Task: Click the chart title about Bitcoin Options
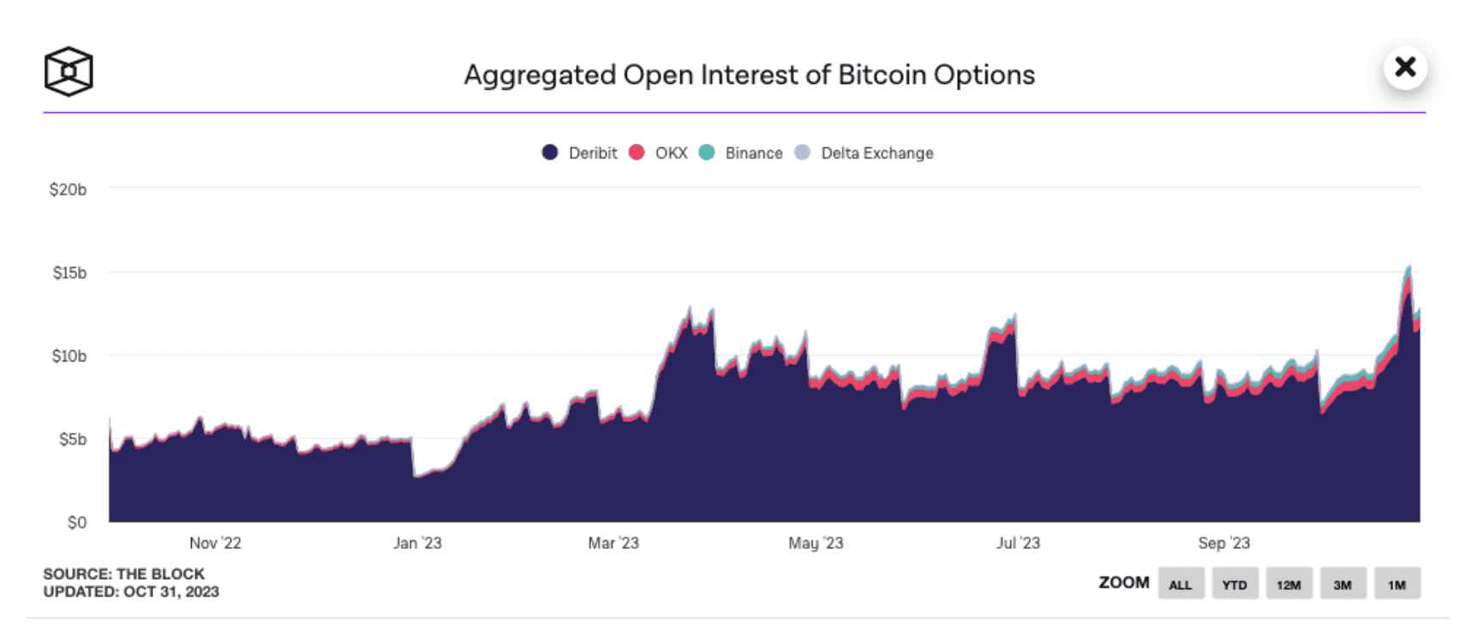click(749, 75)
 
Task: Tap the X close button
click(1405, 67)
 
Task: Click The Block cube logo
click(69, 71)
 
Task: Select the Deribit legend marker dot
click(550, 152)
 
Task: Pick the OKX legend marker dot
click(637, 152)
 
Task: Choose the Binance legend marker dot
click(707, 152)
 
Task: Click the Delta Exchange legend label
click(876, 153)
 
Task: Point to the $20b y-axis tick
click(68, 189)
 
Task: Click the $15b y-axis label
click(69, 272)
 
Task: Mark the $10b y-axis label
click(69, 355)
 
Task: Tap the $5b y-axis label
click(72, 439)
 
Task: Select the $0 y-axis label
click(77, 522)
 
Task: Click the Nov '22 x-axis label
click(215, 543)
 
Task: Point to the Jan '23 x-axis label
click(417, 543)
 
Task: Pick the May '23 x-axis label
click(816, 543)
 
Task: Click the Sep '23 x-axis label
click(1223, 543)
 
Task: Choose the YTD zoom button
click(1234, 584)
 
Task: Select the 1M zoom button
click(1396, 584)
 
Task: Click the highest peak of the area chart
click(1408, 267)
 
